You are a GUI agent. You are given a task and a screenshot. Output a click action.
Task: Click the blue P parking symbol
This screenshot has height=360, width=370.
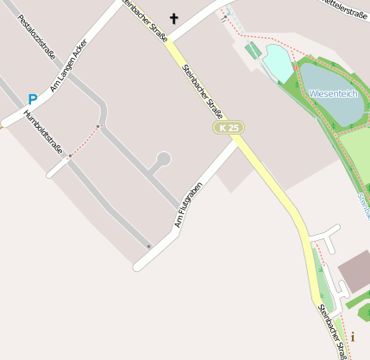coord(33,99)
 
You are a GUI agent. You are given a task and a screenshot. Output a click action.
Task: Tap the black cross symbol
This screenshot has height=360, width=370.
coord(173,18)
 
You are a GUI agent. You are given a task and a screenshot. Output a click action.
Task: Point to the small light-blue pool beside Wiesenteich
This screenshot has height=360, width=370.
coord(278,62)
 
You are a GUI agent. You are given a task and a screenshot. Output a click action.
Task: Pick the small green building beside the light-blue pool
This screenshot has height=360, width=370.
coord(252,51)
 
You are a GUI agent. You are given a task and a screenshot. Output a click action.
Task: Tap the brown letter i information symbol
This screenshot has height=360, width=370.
coord(352,337)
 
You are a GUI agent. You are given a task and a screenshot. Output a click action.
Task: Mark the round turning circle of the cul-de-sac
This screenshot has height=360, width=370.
coord(163,159)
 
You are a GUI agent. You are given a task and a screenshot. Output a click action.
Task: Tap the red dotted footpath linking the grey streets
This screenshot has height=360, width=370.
coord(84,141)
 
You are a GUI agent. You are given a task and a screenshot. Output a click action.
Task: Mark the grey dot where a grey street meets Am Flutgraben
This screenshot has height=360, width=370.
coord(148,247)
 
